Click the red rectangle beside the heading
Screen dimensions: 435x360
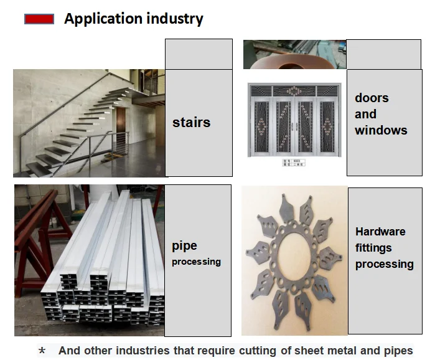[39, 19]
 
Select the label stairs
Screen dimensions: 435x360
[191, 123]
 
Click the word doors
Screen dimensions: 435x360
[372, 98]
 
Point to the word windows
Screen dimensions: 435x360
[381, 130]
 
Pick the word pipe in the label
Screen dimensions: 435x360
[184, 247]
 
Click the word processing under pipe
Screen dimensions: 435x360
[196, 262]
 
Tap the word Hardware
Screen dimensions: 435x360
[380, 232]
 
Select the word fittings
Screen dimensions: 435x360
[373, 248]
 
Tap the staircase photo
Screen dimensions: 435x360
[88, 123]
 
